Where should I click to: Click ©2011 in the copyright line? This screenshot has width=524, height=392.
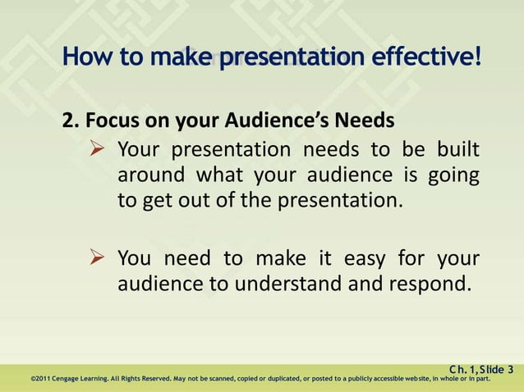pyautogui.click(x=39, y=379)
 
